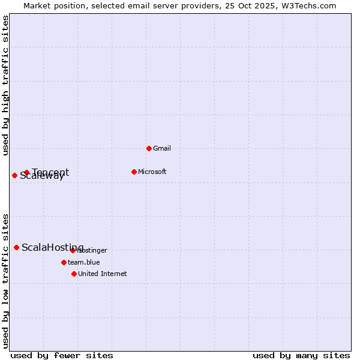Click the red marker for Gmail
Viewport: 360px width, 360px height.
tap(149, 148)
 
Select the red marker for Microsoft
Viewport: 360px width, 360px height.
tap(134, 172)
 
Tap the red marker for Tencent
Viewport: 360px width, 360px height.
tap(26, 173)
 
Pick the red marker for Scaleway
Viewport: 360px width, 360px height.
tap(14, 175)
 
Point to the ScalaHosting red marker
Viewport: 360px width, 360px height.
tap(16, 247)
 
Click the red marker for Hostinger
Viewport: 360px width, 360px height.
tap(73, 250)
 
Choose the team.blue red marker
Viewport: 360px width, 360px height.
tap(64, 262)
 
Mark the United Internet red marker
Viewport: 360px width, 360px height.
tap(74, 274)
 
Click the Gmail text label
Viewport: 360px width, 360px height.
tap(162, 148)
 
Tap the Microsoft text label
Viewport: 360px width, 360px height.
tap(152, 172)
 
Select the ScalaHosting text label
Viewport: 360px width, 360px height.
tap(53, 248)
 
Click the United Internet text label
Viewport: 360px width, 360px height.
tap(103, 274)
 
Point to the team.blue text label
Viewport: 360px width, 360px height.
tap(84, 262)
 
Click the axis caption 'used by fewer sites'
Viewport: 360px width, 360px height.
tap(62, 355)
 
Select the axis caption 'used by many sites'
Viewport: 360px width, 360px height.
tap(301, 355)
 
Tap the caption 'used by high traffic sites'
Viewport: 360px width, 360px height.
tap(6, 85)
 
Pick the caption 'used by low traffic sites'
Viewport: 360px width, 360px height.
tap(6, 280)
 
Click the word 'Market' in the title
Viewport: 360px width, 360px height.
tap(37, 5)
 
